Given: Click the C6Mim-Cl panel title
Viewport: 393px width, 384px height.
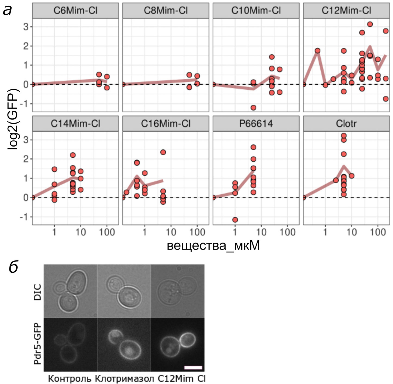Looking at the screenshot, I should coord(75,11).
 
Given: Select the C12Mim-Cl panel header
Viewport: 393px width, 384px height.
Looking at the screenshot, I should coord(346,11).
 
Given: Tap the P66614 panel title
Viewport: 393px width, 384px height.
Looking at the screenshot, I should coord(256,124).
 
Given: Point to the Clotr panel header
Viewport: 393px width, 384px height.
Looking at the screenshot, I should coord(346,124).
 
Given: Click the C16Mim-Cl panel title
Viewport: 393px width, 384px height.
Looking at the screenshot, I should coord(166,124).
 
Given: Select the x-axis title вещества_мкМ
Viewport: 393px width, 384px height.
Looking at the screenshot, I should coord(213,245).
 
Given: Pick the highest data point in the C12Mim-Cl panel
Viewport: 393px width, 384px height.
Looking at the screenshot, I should coord(370,24).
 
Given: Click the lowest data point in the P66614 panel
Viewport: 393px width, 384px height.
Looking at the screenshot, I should coord(235,220).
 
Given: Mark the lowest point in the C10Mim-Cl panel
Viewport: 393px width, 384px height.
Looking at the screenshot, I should coord(253,107).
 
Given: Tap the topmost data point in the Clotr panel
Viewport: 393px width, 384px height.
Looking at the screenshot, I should coord(344,136).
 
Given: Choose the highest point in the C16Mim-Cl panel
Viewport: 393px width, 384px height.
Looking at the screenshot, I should coord(163,152).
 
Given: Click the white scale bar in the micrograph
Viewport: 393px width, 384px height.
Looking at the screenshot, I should coord(193,368).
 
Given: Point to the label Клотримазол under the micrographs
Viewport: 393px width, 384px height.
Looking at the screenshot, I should coord(124,379).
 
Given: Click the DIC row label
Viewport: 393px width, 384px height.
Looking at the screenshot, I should coord(38,292).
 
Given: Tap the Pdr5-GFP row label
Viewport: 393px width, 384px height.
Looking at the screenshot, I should coord(38,343).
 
